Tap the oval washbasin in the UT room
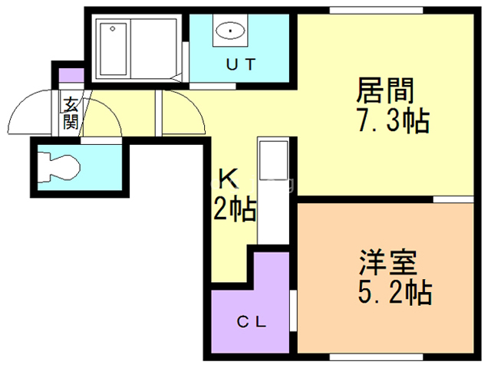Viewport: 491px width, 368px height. [x=230, y=31]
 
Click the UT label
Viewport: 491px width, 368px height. [x=241, y=64]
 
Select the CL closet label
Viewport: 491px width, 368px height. [x=251, y=322]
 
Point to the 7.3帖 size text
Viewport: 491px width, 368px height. [x=394, y=120]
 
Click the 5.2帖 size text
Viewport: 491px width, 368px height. [x=395, y=292]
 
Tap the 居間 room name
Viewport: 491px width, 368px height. [x=385, y=90]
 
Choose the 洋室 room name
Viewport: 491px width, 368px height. [x=388, y=262]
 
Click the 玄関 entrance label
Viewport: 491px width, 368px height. [x=71, y=113]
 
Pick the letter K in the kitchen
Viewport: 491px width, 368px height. [x=229, y=179]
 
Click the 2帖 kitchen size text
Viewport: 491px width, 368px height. [x=235, y=210]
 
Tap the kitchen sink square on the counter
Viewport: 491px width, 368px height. [x=274, y=160]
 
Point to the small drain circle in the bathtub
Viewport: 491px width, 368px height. [x=113, y=29]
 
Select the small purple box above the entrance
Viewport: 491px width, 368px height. [x=71, y=75]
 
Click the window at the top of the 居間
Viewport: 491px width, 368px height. [x=376, y=10]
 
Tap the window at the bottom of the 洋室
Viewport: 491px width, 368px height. [x=376, y=357]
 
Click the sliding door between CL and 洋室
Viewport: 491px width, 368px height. [x=293, y=310]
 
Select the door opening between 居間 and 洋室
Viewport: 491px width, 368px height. [x=453, y=199]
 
